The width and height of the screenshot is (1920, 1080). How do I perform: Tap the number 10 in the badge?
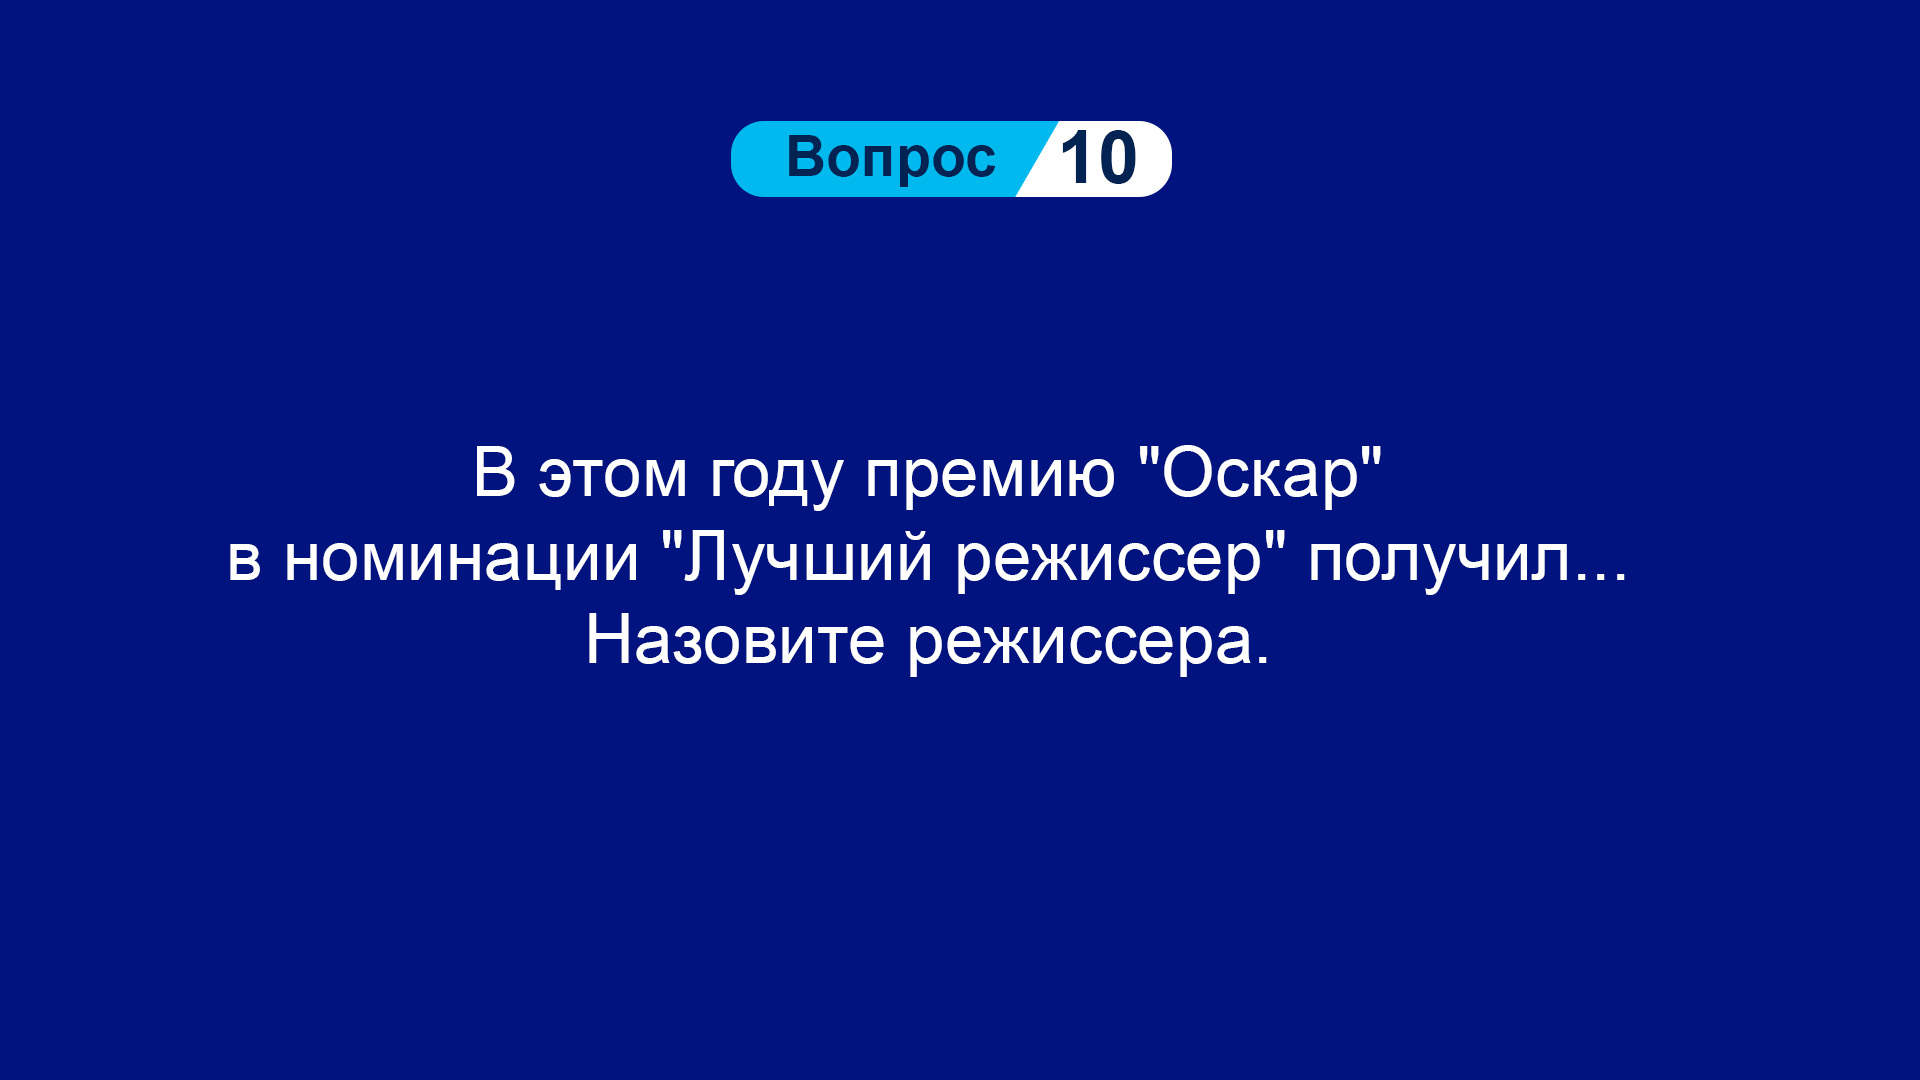(x=1098, y=159)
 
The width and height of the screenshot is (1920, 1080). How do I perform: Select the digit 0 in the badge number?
(x=1117, y=159)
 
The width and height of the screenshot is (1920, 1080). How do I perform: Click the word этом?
(x=613, y=475)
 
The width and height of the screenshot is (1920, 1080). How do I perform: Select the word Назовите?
(x=735, y=641)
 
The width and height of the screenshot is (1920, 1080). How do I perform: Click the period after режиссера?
(x=1262, y=661)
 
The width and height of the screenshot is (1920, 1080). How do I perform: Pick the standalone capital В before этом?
(x=494, y=472)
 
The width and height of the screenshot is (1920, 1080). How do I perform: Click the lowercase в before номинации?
(x=244, y=561)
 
